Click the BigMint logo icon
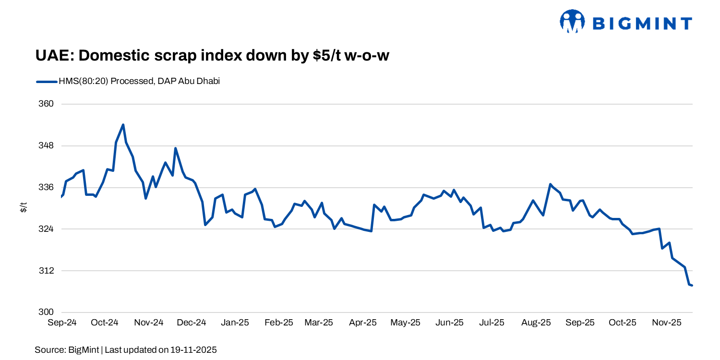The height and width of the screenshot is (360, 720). click(x=572, y=22)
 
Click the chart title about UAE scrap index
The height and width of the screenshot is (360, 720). click(x=212, y=56)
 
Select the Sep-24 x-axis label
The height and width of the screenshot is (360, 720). click(x=62, y=323)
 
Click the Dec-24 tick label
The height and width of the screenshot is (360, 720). click(x=192, y=323)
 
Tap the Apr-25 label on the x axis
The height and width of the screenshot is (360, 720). click(x=362, y=323)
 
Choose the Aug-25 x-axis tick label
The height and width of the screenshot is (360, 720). click(x=536, y=323)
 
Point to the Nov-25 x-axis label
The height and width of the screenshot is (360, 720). click(x=666, y=323)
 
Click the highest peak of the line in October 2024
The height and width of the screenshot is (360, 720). click(x=123, y=125)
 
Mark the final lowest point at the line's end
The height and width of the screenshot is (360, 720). click(x=692, y=286)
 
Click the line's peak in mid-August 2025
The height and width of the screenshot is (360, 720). click(x=550, y=184)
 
